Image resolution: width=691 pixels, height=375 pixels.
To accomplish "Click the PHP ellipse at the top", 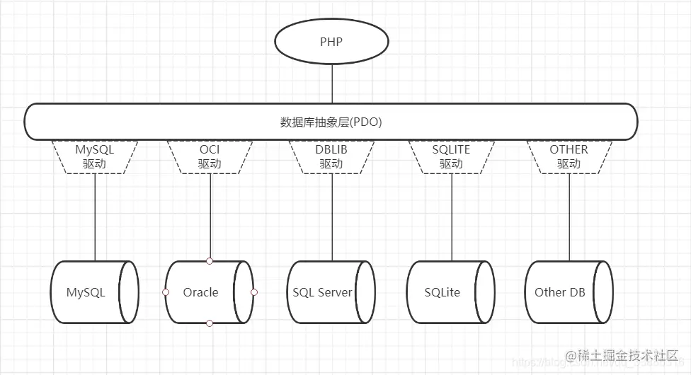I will (x=331, y=42).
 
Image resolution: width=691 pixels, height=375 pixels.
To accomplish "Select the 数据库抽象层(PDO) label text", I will (x=331, y=122).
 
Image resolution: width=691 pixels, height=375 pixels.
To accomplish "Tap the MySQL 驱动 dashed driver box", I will (x=95, y=156).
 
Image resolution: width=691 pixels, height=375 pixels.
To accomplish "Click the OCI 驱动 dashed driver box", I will (x=210, y=156).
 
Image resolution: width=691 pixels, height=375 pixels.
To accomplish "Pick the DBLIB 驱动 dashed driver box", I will (x=331, y=156).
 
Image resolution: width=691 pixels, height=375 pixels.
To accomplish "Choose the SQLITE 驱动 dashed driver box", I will (x=451, y=156).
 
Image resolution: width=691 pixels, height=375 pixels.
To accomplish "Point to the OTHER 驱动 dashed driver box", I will (x=569, y=156).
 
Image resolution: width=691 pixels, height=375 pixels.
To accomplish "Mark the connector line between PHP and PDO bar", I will (x=331, y=85).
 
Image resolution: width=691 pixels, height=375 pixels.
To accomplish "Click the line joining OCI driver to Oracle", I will (x=210, y=216).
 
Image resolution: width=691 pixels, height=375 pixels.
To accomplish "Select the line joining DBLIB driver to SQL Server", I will (x=331, y=216).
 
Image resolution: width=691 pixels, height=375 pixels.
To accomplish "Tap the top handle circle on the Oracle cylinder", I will (x=210, y=261).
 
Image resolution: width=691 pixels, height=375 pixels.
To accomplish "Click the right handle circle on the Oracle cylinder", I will (x=254, y=292).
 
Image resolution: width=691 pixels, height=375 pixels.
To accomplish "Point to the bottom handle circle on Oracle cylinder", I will (x=210, y=323).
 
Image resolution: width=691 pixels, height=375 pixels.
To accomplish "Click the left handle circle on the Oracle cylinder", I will (x=165, y=292).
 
